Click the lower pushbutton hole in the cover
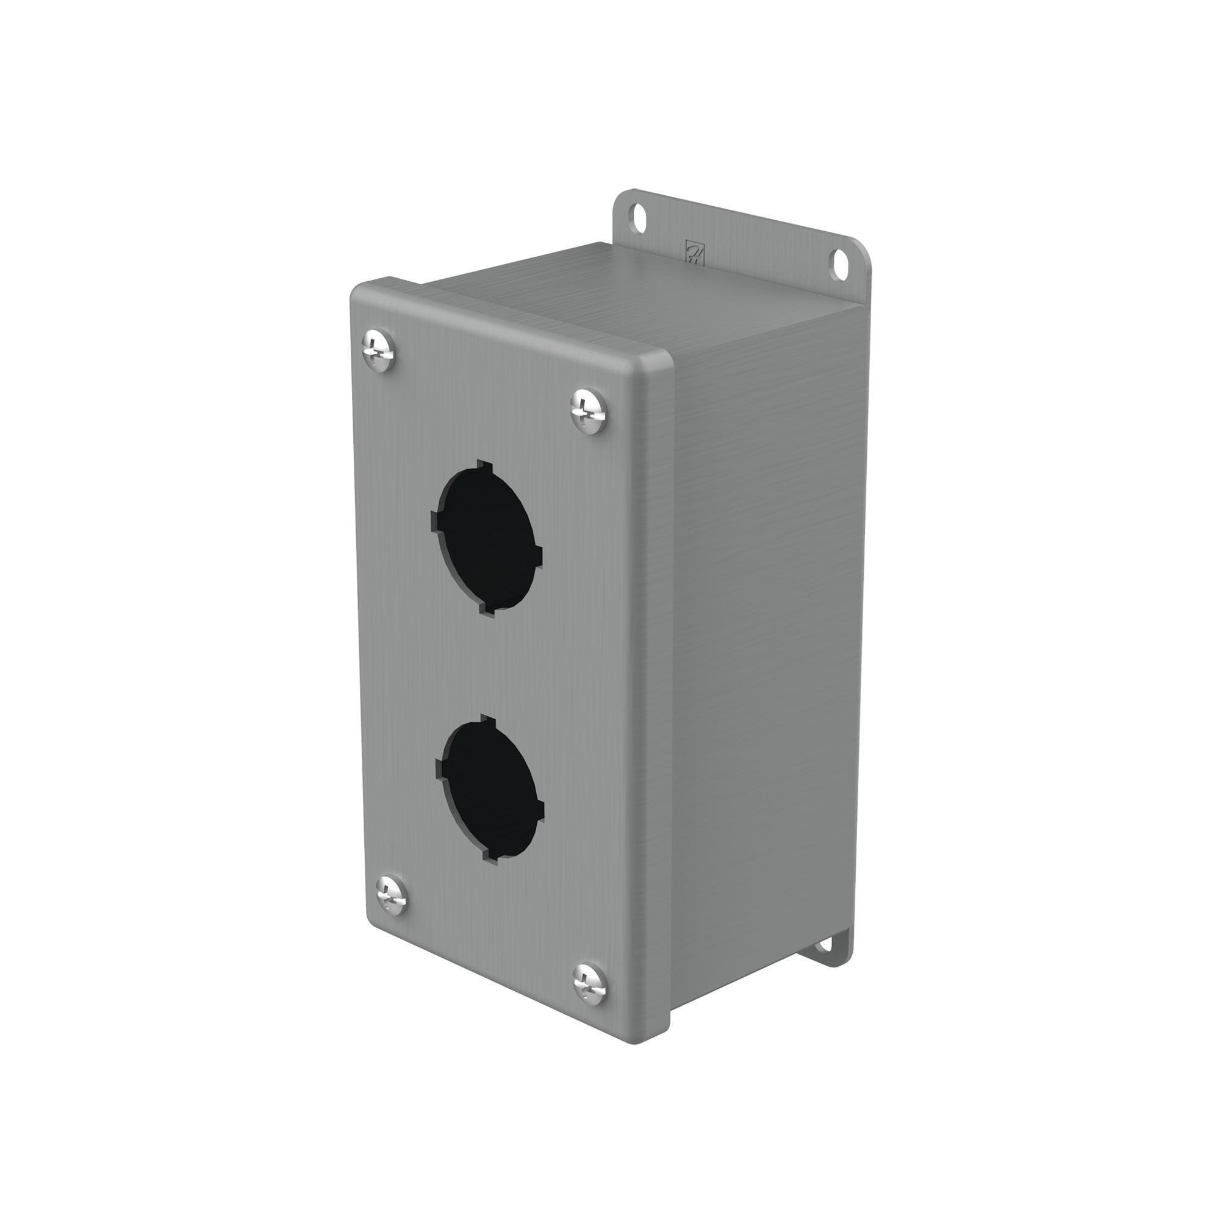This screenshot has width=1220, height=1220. (x=490, y=791)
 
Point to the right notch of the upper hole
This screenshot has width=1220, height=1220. (x=538, y=557)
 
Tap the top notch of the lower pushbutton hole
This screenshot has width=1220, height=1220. (x=489, y=720)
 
